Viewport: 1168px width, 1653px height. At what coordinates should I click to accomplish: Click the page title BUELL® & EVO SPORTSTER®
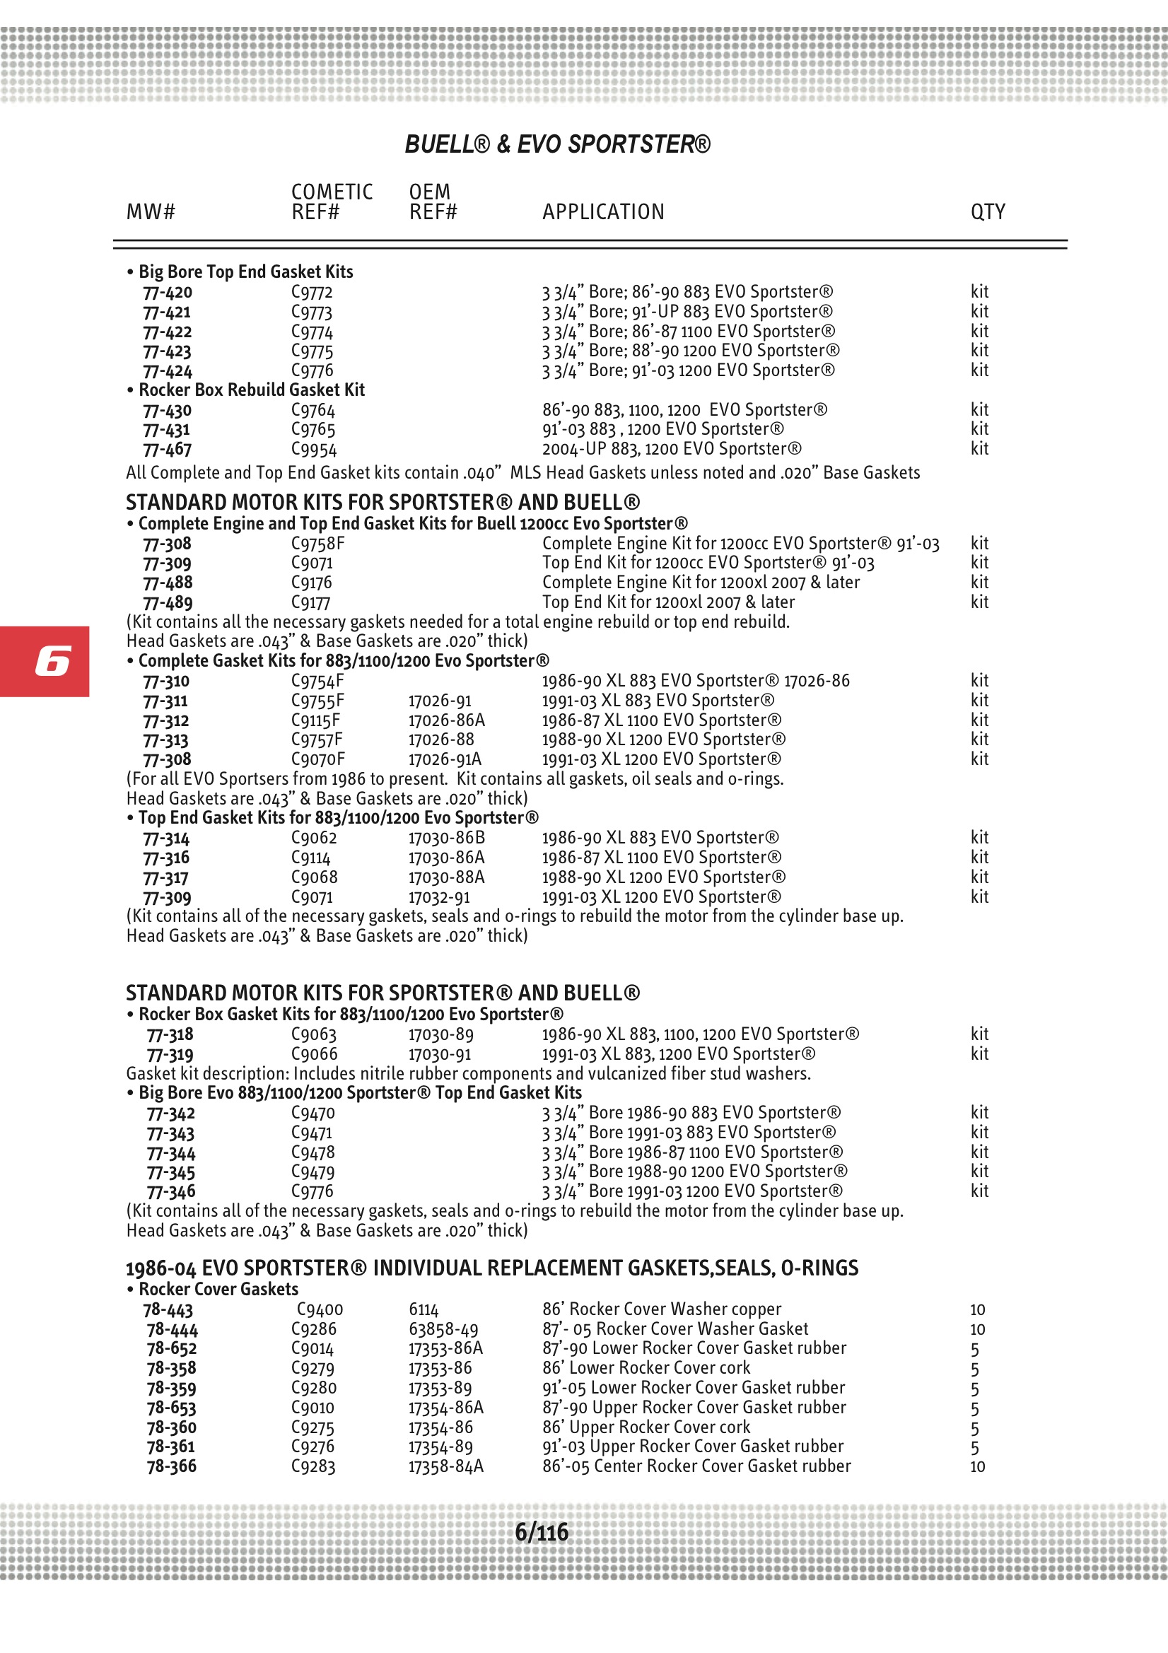(x=557, y=144)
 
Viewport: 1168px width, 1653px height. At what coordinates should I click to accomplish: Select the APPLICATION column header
(x=602, y=211)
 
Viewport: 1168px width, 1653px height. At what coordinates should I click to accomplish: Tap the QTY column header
(x=987, y=211)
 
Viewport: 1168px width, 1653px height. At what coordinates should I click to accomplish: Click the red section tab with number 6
(x=45, y=661)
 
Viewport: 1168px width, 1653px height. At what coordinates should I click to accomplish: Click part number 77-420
(x=168, y=292)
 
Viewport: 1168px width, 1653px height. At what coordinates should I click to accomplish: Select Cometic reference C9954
(x=314, y=449)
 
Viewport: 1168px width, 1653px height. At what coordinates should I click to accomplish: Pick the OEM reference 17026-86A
(x=446, y=720)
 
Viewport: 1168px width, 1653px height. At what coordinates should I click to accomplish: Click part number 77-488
(x=168, y=583)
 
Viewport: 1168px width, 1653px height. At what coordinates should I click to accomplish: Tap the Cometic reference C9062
(x=314, y=837)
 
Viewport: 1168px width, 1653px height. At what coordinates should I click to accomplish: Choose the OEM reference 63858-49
(x=443, y=1329)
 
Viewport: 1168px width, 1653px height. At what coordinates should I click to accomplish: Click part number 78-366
(x=171, y=1466)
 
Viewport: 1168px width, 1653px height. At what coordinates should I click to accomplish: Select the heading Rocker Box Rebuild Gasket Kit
(x=251, y=390)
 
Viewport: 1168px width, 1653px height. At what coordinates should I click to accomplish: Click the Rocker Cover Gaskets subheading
(x=218, y=1289)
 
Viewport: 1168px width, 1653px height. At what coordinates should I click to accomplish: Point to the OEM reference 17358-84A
(x=445, y=1466)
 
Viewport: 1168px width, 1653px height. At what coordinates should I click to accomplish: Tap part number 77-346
(x=171, y=1191)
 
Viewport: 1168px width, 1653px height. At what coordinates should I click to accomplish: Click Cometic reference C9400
(x=320, y=1309)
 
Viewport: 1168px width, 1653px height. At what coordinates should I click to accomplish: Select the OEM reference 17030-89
(x=440, y=1034)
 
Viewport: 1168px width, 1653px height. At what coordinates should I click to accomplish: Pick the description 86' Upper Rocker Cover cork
(x=646, y=1427)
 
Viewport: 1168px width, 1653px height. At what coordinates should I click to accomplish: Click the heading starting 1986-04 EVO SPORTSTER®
(x=492, y=1268)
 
